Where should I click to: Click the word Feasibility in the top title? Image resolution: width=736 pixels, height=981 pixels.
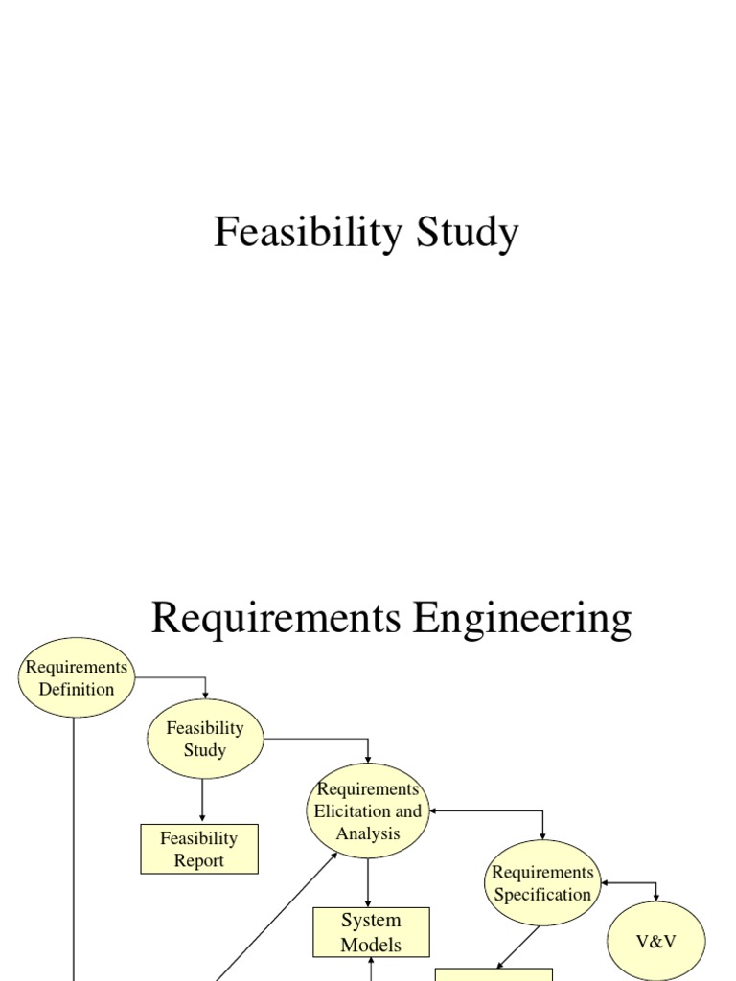pyautogui.click(x=302, y=233)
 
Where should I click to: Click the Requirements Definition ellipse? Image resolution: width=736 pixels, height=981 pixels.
pyautogui.click(x=76, y=677)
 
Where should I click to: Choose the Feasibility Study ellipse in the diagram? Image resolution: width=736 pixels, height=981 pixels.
pyautogui.click(x=204, y=739)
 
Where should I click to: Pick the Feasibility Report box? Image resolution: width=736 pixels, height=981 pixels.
pyautogui.click(x=199, y=849)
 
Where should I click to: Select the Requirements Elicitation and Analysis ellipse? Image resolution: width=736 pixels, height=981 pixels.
pyautogui.click(x=368, y=810)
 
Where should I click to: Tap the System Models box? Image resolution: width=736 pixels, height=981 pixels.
pyautogui.click(x=371, y=932)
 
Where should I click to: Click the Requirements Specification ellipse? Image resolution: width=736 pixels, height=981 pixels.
pyautogui.click(x=542, y=883)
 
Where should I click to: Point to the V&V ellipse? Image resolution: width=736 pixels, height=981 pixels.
pyautogui.click(x=656, y=941)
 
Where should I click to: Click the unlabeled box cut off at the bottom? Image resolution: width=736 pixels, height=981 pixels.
pyautogui.click(x=494, y=973)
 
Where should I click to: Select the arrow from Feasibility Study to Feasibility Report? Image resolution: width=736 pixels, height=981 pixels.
pyautogui.click(x=203, y=801)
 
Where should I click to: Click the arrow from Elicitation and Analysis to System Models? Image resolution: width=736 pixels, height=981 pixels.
pyautogui.click(x=369, y=882)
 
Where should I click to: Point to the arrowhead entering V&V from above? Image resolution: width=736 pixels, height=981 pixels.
pyautogui.click(x=656, y=897)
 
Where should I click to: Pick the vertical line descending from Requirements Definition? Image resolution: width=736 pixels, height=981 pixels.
pyautogui.click(x=74, y=843)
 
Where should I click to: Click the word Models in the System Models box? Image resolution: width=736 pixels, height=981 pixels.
pyautogui.click(x=371, y=945)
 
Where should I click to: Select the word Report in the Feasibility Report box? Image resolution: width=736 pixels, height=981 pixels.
pyautogui.click(x=199, y=860)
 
